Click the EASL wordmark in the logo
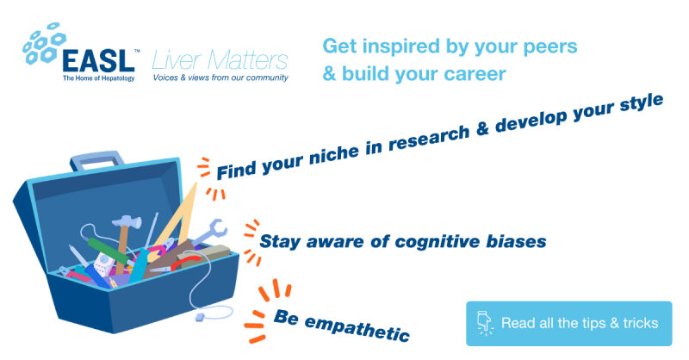click(x=98, y=60)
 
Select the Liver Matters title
click(x=220, y=60)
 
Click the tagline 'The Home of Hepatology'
click(x=98, y=78)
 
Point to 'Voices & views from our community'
click(x=220, y=78)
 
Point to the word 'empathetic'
click(x=357, y=328)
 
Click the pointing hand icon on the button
click(x=484, y=323)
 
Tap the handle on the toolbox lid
click(x=96, y=160)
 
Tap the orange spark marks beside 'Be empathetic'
click(x=266, y=311)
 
